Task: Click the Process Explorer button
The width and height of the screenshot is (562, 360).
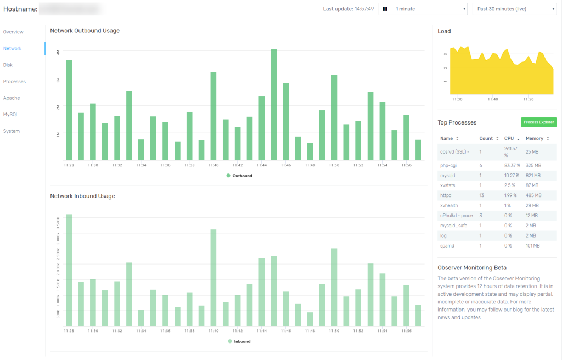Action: (538, 122)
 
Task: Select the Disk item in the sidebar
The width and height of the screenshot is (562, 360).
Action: (8, 65)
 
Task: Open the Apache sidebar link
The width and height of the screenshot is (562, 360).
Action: (12, 98)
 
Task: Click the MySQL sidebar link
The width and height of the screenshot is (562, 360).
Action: (11, 114)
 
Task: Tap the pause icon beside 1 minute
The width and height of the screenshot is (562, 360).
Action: (385, 9)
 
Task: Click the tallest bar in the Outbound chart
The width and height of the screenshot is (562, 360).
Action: (274, 104)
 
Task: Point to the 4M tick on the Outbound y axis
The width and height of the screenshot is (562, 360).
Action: (58, 52)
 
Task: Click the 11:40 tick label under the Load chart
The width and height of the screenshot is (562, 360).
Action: (493, 99)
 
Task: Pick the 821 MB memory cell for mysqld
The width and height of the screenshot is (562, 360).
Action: (533, 175)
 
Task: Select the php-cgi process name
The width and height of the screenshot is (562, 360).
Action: (448, 165)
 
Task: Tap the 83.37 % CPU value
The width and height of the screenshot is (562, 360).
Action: (512, 165)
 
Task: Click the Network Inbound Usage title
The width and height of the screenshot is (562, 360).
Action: (82, 196)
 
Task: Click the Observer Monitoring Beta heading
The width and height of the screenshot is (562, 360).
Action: (471, 267)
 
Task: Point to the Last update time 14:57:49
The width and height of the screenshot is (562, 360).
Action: (363, 9)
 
